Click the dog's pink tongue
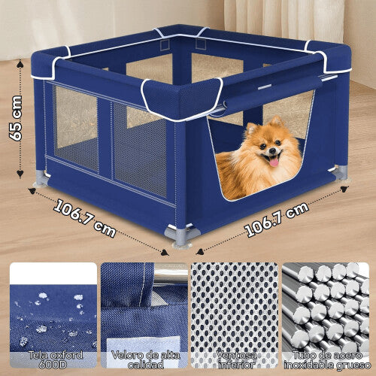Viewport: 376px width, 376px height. pos(274,161)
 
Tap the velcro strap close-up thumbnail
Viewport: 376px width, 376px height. pos(144,305)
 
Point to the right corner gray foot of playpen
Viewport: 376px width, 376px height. pos(341,172)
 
